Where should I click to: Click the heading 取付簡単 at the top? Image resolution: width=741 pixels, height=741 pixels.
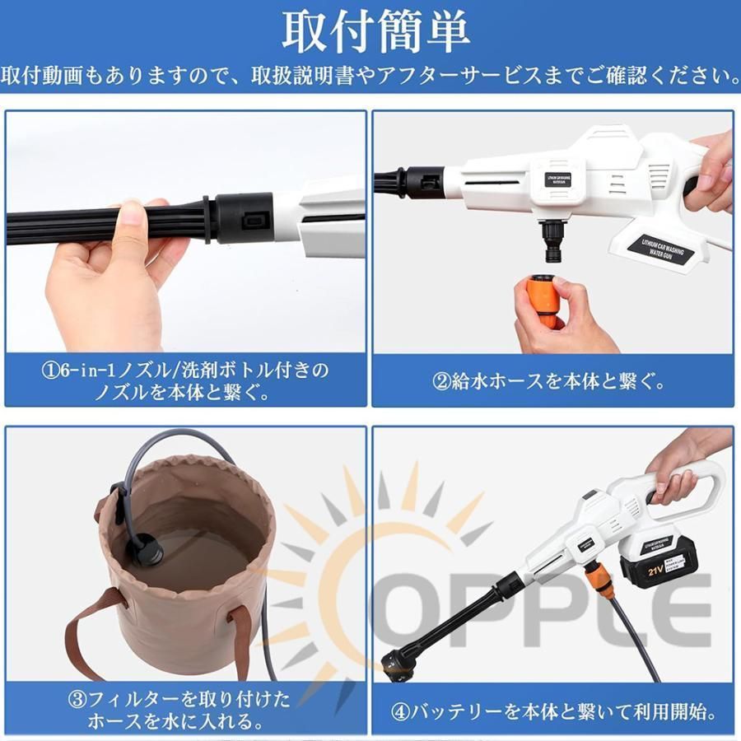click(x=375, y=32)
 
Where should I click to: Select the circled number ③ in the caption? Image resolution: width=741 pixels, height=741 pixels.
click(x=77, y=699)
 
